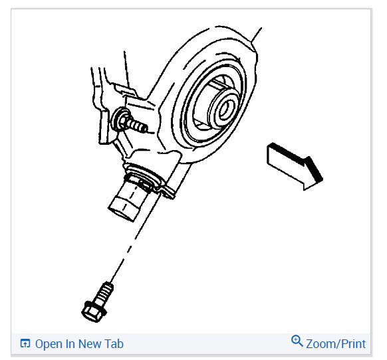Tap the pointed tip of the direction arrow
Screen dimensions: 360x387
(321, 178)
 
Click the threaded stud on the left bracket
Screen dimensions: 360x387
(138, 125)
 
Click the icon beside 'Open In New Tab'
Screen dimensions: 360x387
(25, 344)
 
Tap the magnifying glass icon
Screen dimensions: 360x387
(297, 341)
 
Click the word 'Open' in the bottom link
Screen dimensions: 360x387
(49, 344)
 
